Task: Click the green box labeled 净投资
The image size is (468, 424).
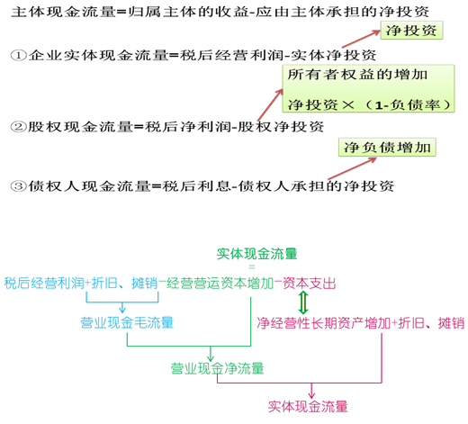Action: click(x=411, y=31)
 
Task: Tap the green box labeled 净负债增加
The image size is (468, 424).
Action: click(x=387, y=147)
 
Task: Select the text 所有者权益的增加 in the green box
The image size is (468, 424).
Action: click(x=357, y=75)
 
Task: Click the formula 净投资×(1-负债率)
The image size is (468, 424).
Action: click(x=369, y=104)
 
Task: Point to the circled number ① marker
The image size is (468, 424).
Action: click(x=19, y=55)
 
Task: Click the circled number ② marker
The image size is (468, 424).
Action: click(x=19, y=126)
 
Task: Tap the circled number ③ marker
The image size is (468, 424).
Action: click(x=19, y=186)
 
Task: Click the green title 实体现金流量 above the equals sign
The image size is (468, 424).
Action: click(x=256, y=254)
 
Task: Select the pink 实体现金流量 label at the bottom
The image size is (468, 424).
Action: click(x=308, y=407)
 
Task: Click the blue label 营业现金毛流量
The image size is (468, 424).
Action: click(x=127, y=322)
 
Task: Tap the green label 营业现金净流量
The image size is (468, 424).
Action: click(x=217, y=368)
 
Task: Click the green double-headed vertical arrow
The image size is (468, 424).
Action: click(x=303, y=302)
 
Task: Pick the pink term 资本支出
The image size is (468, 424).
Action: click(x=309, y=284)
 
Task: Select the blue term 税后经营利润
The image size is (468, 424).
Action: click(x=44, y=284)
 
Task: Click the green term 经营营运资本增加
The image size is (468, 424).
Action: click(x=220, y=284)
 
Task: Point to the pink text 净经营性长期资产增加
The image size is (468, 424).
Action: click(x=324, y=323)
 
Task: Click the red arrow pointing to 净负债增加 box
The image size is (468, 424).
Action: click(x=352, y=168)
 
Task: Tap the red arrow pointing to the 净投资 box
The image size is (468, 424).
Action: click(x=361, y=39)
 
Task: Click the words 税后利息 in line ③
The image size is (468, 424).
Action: click(x=196, y=186)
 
